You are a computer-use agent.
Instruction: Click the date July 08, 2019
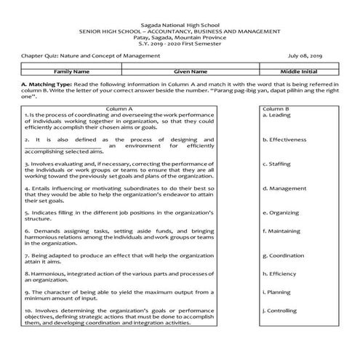[x=306, y=55]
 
